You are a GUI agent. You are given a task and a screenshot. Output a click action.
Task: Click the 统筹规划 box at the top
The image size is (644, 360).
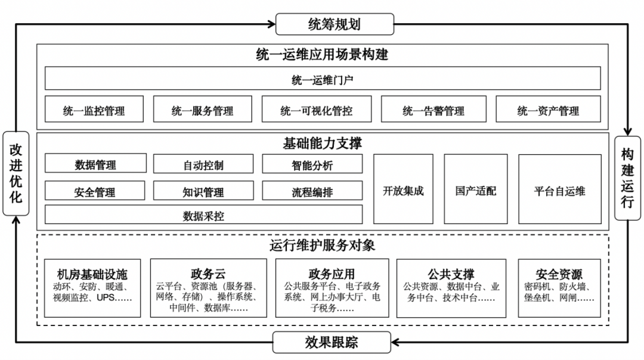tap(335, 24)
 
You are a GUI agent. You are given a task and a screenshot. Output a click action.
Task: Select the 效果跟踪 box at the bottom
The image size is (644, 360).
tap(332, 342)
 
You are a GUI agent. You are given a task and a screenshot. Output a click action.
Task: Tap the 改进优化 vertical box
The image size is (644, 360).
tap(16, 173)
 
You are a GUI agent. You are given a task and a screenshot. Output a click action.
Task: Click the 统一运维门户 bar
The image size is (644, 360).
tap(323, 79)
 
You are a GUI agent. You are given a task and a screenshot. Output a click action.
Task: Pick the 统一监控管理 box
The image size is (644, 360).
tap(94, 110)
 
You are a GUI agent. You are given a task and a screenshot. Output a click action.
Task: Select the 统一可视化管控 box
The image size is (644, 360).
tap(316, 110)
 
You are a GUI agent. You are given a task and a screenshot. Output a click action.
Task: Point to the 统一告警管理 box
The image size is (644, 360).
tap(433, 110)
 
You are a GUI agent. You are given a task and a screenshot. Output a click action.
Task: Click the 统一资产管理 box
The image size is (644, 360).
tap(548, 110)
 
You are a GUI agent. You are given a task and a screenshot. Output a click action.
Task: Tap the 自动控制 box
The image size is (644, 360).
tap(203, 164)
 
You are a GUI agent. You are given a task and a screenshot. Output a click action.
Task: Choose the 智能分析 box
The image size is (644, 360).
tap(312, 164)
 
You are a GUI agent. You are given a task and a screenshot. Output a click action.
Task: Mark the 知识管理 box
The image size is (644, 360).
tap(203, 191)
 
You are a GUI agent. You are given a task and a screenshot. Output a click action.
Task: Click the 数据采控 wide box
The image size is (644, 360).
tap(203, 215)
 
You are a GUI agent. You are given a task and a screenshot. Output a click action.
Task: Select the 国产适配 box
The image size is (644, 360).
tap(475, 190)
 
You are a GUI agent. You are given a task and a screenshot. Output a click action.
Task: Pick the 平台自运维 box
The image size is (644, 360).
tap(559, 190)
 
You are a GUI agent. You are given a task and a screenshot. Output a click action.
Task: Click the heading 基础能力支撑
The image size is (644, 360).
tap(323, 144)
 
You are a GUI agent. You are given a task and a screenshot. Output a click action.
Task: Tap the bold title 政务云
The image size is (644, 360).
tap(208, 274)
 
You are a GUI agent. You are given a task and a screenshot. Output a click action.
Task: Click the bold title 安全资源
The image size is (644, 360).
tap(559, 274)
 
